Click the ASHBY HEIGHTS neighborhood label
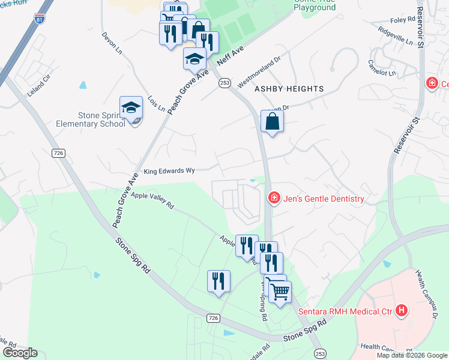click(x=289, y=89)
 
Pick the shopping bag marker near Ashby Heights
click(x=272, y=121)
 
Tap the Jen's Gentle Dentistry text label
click(x=325, y=199)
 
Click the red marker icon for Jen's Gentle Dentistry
click(x=274, y=197)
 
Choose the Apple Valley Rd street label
click(x=152, y=200)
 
